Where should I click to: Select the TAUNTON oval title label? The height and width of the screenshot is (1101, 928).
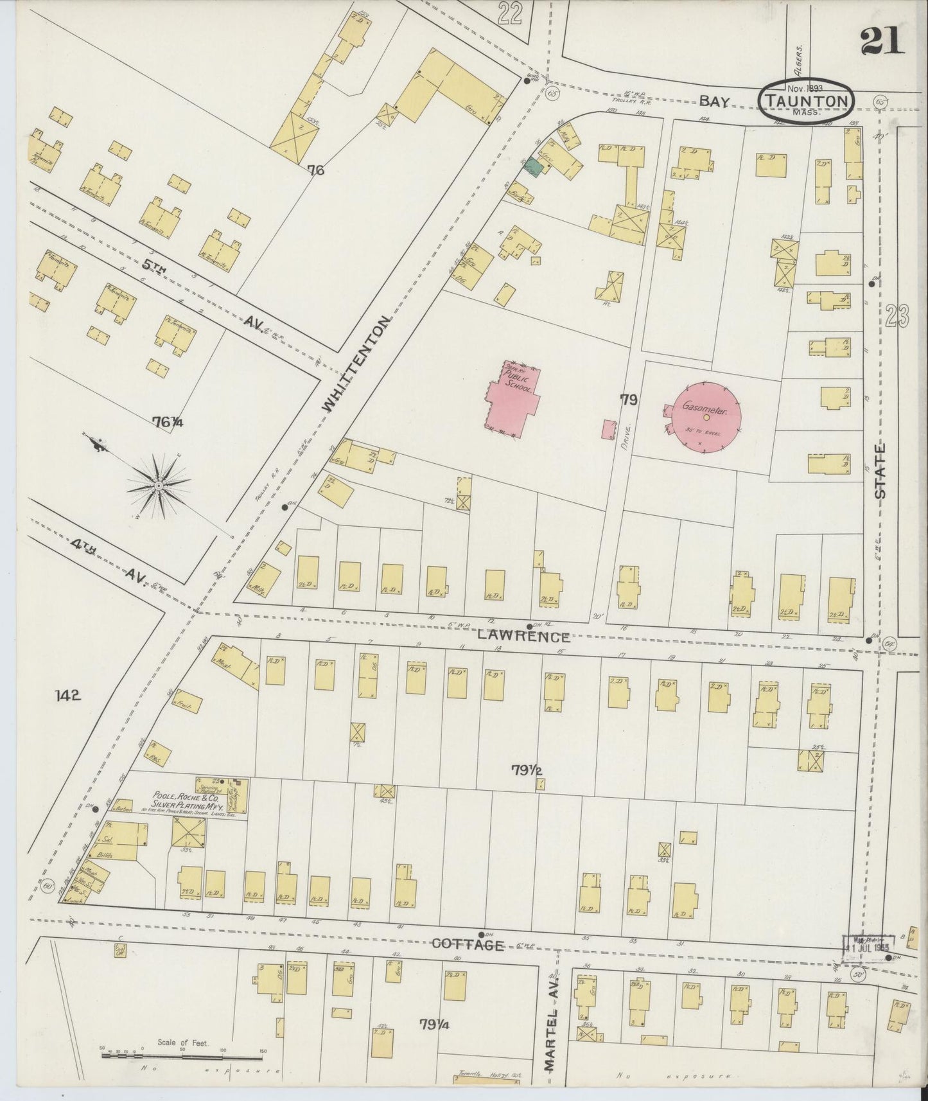[807, 100]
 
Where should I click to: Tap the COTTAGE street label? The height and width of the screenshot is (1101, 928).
[467, 944]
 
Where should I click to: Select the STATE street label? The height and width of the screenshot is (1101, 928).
[880, 471]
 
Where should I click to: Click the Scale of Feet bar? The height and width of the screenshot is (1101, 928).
[183, 1056]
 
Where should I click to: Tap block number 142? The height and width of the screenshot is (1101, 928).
[67, 695]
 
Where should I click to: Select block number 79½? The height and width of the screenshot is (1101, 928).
[529, 770]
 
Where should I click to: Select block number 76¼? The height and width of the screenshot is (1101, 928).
[168, 422]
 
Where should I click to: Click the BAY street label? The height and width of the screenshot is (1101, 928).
[714, 101]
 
